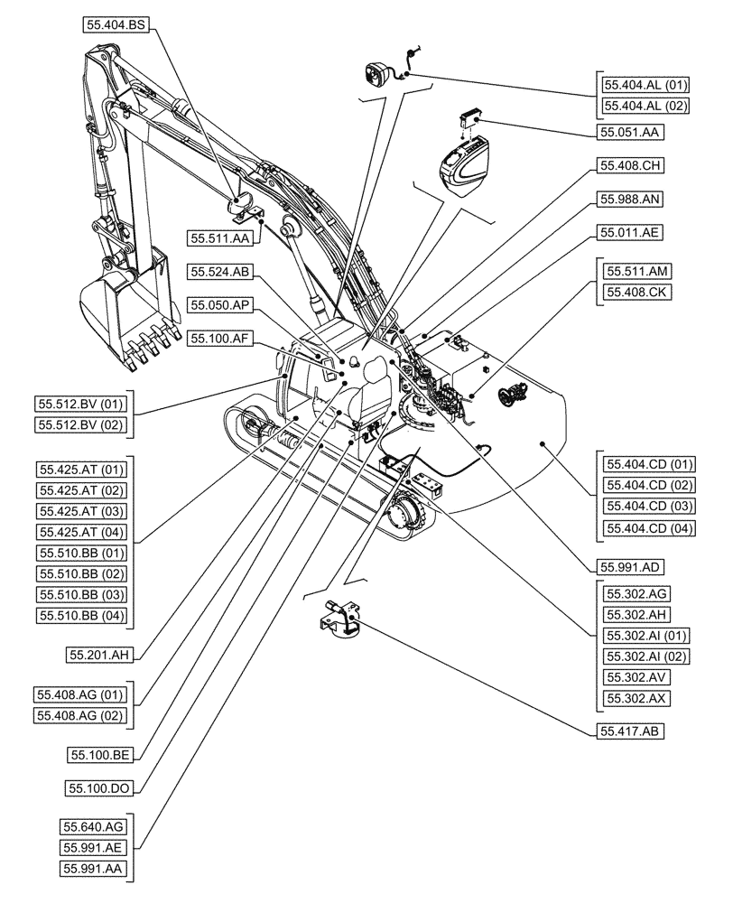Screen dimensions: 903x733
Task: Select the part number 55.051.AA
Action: coord(630,132)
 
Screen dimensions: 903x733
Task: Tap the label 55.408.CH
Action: coord(630,166)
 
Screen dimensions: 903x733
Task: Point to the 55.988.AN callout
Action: coord(630,199)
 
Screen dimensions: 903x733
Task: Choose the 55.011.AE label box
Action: coord(630,232)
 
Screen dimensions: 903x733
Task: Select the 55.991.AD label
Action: coord(630,567)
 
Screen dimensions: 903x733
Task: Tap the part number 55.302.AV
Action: coord(637,677)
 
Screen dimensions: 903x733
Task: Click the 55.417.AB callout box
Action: coord(630,732)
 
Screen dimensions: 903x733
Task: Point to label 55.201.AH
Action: coord(97,653)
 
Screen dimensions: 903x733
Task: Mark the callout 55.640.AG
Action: coord(94,826)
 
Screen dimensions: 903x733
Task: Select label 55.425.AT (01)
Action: coord(82,469)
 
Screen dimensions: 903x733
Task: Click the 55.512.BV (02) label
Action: coord(82,424)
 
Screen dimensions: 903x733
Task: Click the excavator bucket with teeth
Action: coord(126,312)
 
